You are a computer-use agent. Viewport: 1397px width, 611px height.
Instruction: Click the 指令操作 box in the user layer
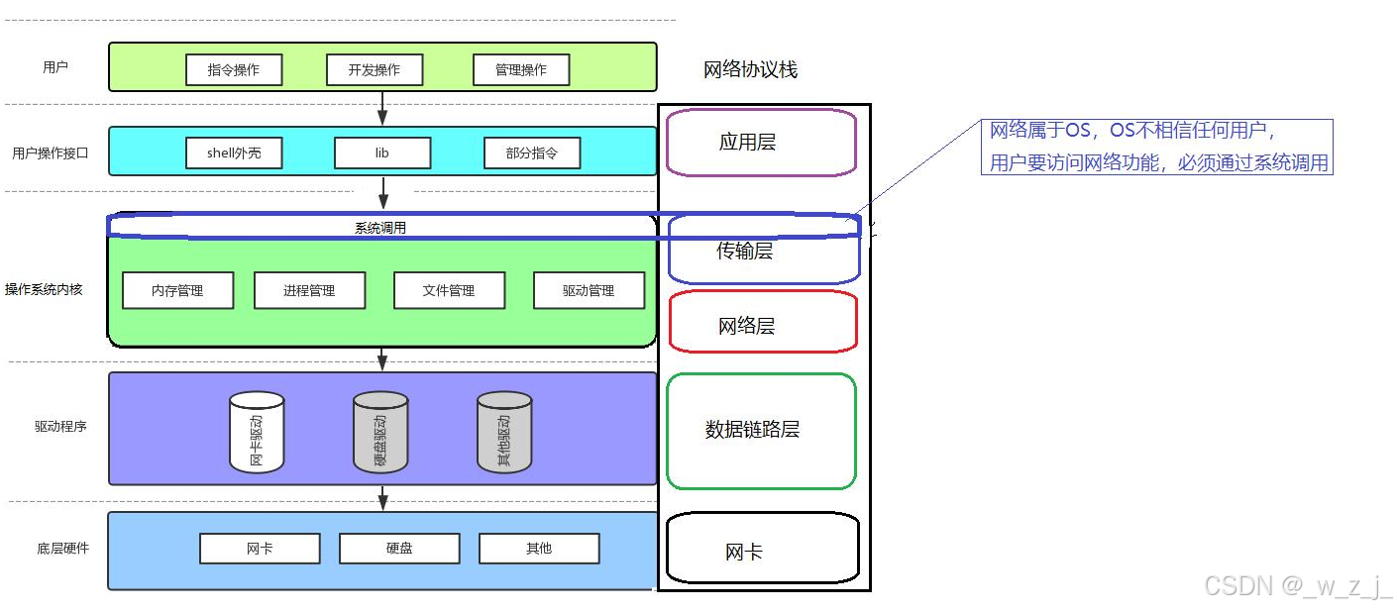(x=234, y=69)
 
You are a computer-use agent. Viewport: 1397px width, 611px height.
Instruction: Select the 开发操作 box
(x=375, y=69)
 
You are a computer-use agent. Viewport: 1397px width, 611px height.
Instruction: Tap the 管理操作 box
(x=521, y=69)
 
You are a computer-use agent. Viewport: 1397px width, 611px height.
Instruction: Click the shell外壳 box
(x=234, y=153)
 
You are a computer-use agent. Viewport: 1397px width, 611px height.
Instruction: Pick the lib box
(x=382, y=153)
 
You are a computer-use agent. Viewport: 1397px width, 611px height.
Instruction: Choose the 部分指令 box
(x=532, y=153)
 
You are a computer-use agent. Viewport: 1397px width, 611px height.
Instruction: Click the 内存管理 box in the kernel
(x=177, y=290)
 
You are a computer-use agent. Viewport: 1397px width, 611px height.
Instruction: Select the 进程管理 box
(x=309, y=290)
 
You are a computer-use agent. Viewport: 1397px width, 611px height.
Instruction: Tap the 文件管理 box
(x=449, y=290)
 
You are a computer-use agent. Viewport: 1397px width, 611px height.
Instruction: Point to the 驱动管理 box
(x=589, y=290)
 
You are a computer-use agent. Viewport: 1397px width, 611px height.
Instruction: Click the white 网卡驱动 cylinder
(x=257, y=432)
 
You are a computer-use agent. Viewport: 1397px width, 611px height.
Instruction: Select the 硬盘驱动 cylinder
(x=380, y=432)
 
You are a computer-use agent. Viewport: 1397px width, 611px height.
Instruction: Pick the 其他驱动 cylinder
(x=504, y=432)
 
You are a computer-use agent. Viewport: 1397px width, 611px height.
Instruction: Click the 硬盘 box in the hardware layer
(x=399, y=548)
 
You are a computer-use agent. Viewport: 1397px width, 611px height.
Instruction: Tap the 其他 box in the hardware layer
(x=539, y=548)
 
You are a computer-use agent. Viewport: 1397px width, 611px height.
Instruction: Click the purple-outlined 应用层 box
(x=761, y=143)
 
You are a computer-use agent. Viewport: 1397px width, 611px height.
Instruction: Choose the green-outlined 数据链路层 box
(x=761, y=430)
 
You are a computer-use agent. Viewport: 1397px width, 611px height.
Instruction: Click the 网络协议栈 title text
(x=750, y=69)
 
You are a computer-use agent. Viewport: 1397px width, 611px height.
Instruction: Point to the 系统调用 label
(x=380, y=228)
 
